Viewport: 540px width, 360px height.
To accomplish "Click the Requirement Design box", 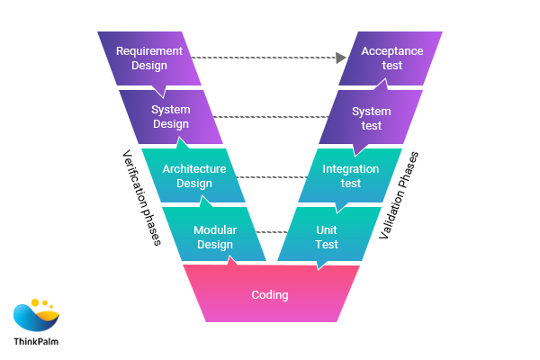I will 149,58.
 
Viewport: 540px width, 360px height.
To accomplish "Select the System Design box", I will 171,117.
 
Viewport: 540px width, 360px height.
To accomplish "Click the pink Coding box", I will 270,294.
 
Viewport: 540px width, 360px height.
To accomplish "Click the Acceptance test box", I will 392,58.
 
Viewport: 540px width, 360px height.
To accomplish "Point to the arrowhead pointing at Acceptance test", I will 341,58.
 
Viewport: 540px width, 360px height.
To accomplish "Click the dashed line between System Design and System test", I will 270,116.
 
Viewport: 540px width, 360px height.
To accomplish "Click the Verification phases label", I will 141,197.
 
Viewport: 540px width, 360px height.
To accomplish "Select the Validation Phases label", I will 400,194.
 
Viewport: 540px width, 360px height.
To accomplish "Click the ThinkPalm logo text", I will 38,341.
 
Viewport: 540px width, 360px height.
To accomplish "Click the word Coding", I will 270,294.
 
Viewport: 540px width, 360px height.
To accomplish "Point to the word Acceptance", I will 392,51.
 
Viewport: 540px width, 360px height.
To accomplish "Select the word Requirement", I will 149,51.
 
